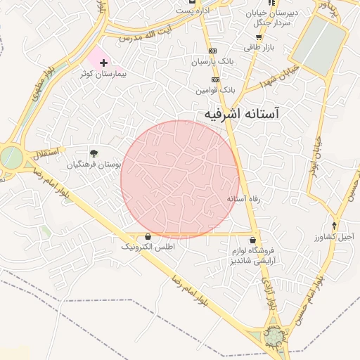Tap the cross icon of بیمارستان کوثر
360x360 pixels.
[103, 63]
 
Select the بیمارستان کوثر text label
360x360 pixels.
[86, 73]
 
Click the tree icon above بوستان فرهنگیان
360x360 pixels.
[94, 153]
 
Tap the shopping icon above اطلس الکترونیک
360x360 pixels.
[147, 237]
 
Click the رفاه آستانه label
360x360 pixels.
[243, 199]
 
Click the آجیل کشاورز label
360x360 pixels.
[335, 238]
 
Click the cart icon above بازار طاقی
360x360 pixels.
[258, 37]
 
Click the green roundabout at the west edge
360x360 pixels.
[11, 157]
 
